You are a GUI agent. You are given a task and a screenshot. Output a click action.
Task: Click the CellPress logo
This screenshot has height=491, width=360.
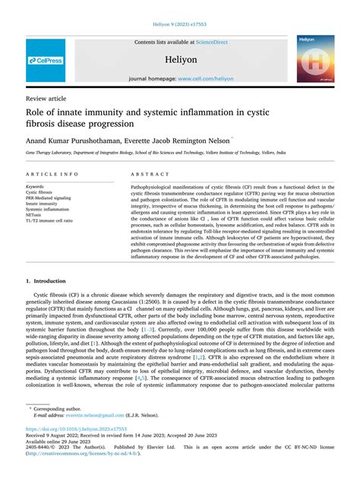point(45,59)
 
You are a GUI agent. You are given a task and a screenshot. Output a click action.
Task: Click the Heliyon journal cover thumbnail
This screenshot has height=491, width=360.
point(314,59)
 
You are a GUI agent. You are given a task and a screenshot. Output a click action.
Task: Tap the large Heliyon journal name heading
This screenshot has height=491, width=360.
point(180,58)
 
